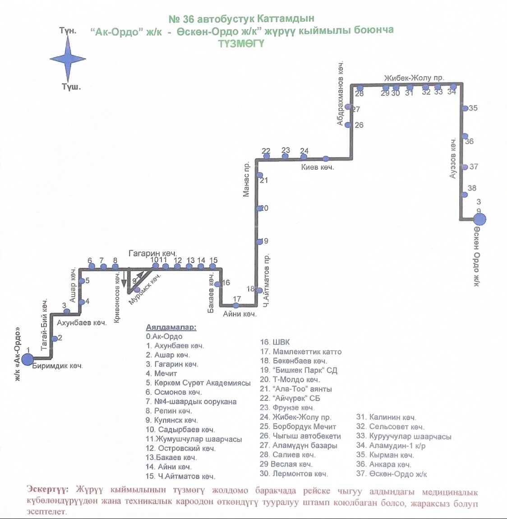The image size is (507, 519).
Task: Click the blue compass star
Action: [68, 59]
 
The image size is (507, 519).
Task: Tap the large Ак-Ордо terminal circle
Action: [28, 359]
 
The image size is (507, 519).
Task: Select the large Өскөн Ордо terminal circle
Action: [479, 219]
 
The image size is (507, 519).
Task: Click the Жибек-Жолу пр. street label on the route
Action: [414, 78]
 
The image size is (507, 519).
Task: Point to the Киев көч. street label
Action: [318, 167]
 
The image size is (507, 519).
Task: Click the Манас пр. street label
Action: [246, 179]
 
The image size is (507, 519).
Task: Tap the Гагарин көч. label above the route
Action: [152, 254]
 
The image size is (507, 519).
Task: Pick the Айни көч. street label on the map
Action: [240, 314]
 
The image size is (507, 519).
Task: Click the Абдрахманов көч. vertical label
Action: [341, 93]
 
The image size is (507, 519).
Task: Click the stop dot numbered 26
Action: [348, 125]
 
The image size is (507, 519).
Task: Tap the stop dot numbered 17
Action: [236, 306]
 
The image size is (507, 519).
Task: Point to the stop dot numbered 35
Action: [465, 108]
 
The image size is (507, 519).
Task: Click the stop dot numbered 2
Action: [55, 338]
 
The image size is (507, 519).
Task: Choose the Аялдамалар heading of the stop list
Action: [171, 327]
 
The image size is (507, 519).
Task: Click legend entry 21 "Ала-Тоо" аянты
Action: [296, 389]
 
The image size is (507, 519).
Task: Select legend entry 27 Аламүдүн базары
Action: [299, 445]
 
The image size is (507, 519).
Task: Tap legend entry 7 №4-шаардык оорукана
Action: [191, 401]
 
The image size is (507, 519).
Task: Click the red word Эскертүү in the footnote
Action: [48, 490]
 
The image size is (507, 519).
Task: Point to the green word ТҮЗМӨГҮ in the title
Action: [241, 44]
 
